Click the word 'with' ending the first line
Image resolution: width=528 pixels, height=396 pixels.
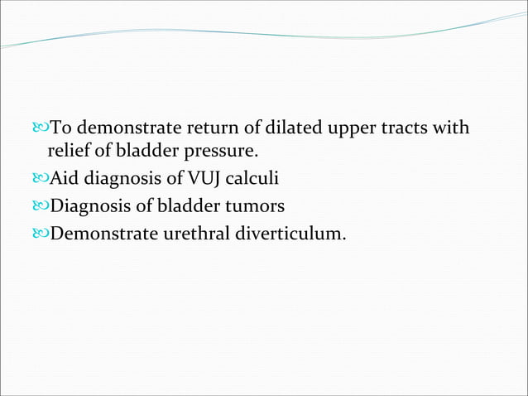tap(454, 128)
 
